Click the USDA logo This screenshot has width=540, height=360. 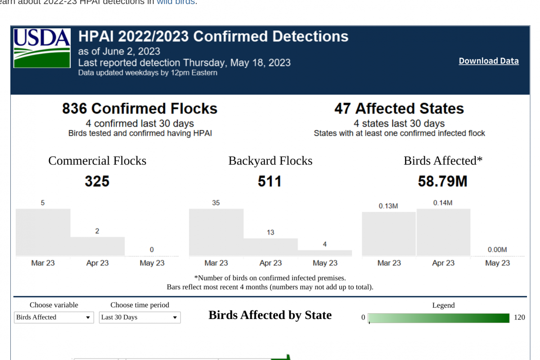coord(42,48)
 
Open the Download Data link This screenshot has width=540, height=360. coord(488,61)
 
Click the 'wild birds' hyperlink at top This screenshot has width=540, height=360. coord(175,2)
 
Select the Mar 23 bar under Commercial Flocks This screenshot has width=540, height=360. coord(43,232)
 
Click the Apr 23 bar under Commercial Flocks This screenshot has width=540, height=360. coord(98,246)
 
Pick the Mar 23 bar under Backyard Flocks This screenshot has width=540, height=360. coord(216,232)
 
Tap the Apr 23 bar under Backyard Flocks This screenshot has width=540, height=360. coord(270,247)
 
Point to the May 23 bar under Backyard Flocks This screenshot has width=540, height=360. coord(325,253)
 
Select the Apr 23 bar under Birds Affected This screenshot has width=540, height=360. coord(444,232)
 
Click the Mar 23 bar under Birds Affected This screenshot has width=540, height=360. coord(389,234)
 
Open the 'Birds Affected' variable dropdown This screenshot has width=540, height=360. coord(54,317)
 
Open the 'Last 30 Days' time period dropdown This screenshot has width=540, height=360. coord(139,317)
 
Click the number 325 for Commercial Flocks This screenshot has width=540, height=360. coord(97,181)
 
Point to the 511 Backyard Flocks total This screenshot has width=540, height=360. coord(270,181)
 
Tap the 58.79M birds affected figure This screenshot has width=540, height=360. coord(443,181)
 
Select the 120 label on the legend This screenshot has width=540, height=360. coord(519,317)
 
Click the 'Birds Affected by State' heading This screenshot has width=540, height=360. coord(270,315)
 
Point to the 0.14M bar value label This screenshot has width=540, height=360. coord(443,203)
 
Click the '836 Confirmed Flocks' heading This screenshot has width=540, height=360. coord(139,108)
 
